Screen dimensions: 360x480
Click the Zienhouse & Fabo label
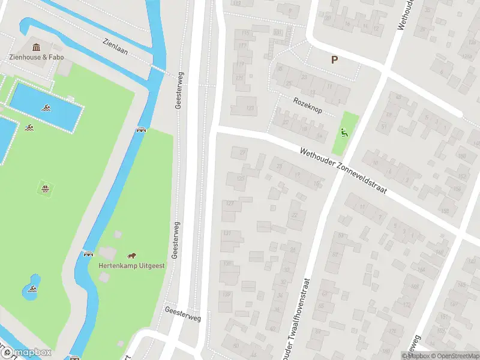(37, 57)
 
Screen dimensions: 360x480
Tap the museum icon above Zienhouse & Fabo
(37, 47)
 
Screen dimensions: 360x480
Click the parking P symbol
(334, 59)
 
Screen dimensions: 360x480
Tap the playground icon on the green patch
(344, 133)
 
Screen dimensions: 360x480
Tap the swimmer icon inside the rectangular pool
(46, 108)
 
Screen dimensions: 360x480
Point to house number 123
(250, 108)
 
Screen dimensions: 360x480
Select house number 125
(241, 178)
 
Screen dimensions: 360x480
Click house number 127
(230, 203)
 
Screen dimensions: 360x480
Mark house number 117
(242, 46)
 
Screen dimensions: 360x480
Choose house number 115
(245, 32)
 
